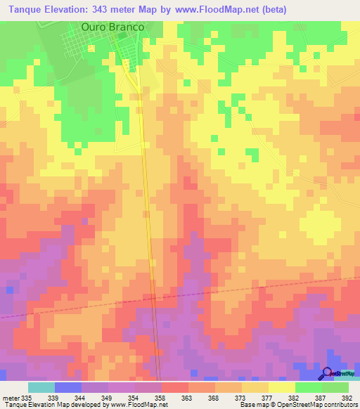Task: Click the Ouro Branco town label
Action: click(x=113, y=26)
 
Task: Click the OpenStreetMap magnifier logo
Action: click(x=328, y=375)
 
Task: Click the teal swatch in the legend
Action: click(x=41, y=387)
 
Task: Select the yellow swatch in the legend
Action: click(x=281, y=387)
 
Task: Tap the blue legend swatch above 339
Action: click(x=68, y=387)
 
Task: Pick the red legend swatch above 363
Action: click(x=174, y=387)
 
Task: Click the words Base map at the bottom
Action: click(x=250, y=405)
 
